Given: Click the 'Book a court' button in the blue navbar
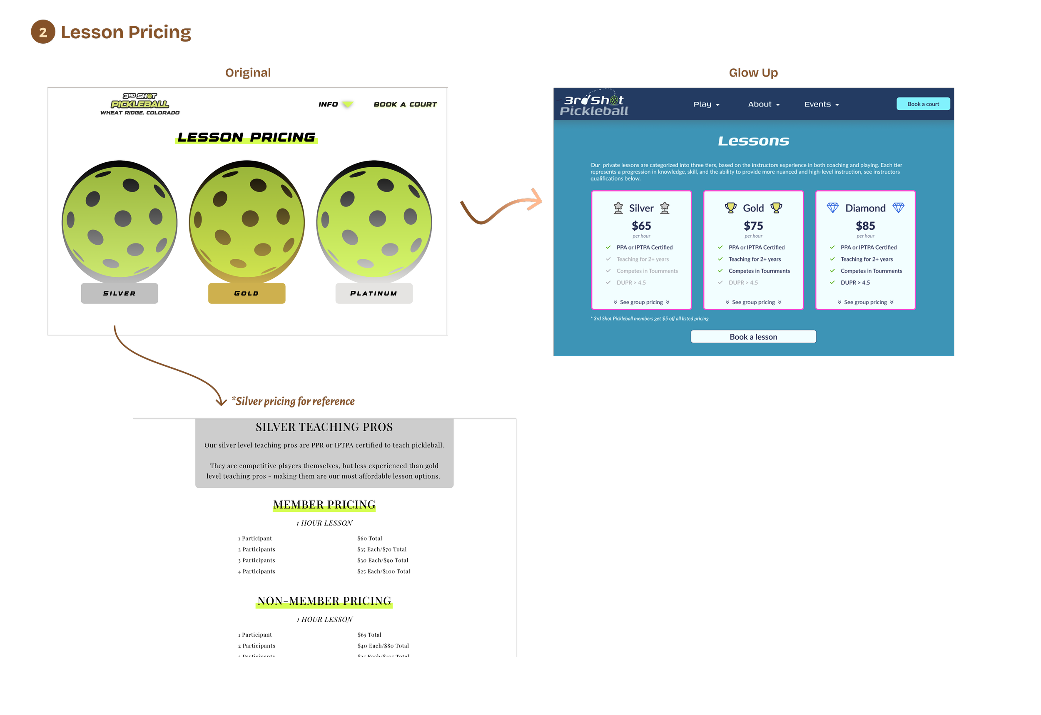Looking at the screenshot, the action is click(923, 104).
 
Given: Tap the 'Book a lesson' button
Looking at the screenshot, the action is click(753, 337).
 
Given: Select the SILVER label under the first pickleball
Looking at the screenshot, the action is click(119, 293).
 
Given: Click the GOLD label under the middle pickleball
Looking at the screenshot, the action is click(247, 293).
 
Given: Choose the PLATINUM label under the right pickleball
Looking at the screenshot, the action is click(374, 293).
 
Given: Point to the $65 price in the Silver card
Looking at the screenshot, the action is click(641, 226).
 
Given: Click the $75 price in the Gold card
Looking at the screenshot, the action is click(753, 226).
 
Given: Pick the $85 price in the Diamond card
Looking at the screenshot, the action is click(865, 226).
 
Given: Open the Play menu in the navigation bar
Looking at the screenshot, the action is click(706, 104).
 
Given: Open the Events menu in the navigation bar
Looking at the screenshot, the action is click(821, 104).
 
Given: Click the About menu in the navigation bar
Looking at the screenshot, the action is click(764, 104).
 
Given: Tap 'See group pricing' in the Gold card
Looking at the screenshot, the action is click(753, 303).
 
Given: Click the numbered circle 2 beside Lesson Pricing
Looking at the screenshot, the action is click(43, 32).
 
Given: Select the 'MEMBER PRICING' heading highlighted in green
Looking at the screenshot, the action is click(324, 505).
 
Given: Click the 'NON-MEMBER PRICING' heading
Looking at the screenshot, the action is click(324, 601).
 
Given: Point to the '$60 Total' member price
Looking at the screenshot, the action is click(369, 539).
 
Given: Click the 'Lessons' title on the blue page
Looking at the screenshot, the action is click(753, 141).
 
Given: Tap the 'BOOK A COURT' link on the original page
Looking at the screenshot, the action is click(405, 104).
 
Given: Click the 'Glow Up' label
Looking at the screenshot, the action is click(753, 72).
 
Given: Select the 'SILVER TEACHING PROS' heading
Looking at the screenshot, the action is click(324, 427).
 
